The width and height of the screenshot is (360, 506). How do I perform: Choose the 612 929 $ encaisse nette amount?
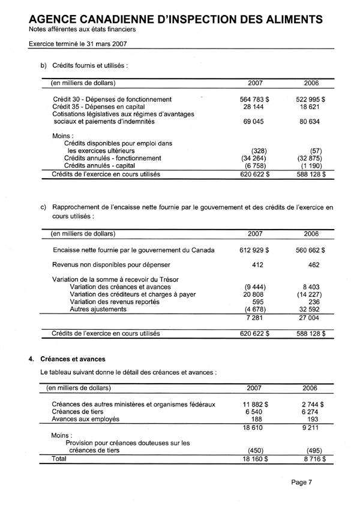[x=254, y=250]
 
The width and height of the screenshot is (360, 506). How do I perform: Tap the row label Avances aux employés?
[x=86, y=419]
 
